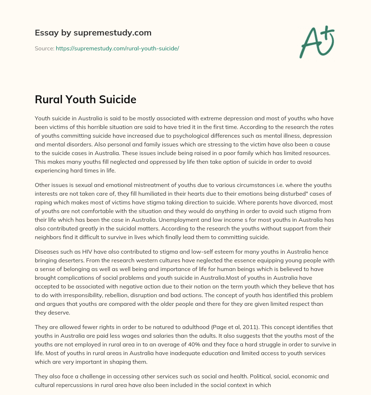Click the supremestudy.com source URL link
pos(117,48)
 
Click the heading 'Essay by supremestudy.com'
pos(93,33)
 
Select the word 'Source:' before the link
pos(44,48)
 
